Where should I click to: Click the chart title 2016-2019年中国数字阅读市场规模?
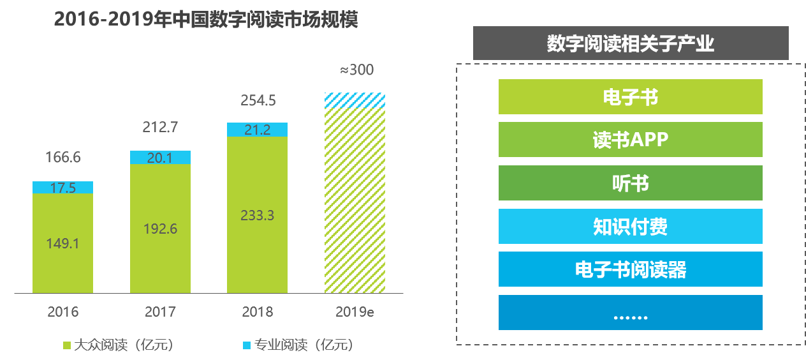(205, 20)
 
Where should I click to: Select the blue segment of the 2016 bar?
(62, 187)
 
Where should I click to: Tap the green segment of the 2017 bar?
(160, 229)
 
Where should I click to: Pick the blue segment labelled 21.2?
(257, 130)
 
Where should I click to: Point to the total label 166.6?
(62, 157)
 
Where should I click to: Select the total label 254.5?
(257, 101)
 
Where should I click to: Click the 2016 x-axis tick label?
(62, 312)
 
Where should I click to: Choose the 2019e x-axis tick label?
(355, 312)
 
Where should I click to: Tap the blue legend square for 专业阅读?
(247, 345)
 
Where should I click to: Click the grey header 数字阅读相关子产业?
(630, 43)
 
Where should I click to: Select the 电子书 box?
(630, 97)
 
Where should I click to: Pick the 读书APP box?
(630, 140)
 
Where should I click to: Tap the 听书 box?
(630, 183)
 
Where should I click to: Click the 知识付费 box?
(630, 226)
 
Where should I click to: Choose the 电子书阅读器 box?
(630, 269)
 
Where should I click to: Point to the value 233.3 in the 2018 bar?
(257, 216)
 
